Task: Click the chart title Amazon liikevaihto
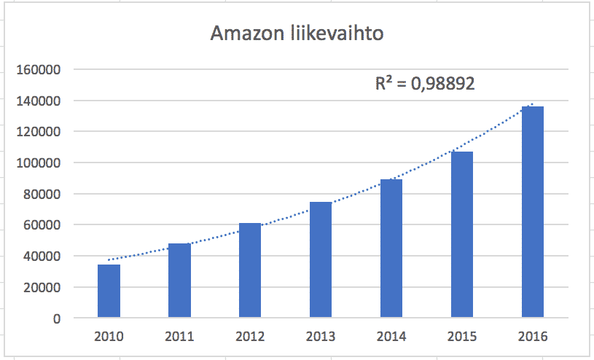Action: click(298, 34)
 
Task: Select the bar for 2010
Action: click(109, 291)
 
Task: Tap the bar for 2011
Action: click(179, 281)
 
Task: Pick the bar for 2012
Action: click(250, 271)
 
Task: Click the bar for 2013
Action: click(321, 260)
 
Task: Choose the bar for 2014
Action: click(391, 249)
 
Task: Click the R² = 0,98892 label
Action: click(425, 84)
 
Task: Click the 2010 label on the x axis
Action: click(109, 337)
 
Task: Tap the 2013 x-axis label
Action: click(321, 337)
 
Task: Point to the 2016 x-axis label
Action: click(532, 337)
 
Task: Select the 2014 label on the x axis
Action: click(391, 337)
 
